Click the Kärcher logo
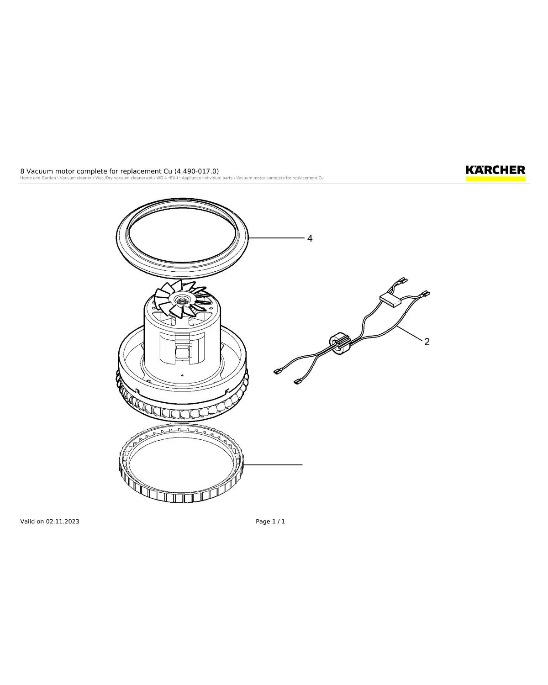495,170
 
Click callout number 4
310,238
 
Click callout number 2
427,342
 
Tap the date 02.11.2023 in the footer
62,522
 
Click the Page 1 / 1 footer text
270,522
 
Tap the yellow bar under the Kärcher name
495,179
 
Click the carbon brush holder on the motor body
182,352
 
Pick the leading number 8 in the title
22,171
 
